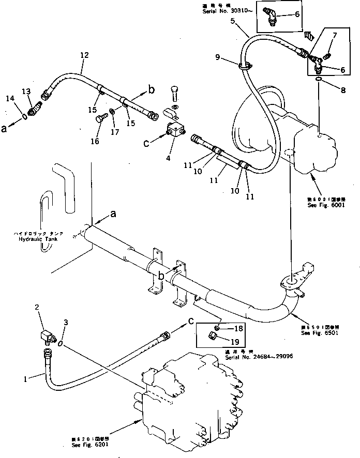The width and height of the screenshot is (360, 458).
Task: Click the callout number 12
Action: [x=85, y=55]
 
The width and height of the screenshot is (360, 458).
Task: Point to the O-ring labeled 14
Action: [x=24, y=117]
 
